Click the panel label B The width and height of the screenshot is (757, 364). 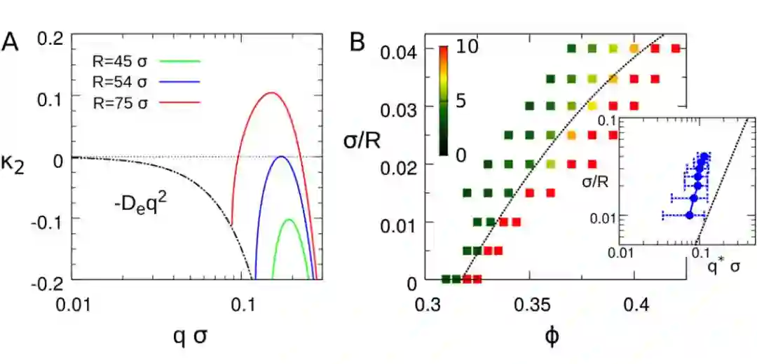click(357, 43)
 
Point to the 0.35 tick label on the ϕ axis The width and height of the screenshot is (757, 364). click(531, 307)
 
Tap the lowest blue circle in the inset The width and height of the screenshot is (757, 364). click(689, 215)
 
